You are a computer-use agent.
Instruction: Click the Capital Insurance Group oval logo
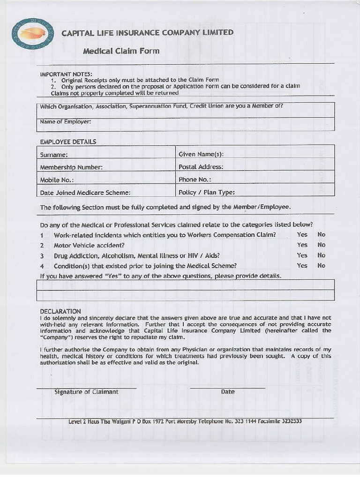pyautogui.click(x=33, y=33)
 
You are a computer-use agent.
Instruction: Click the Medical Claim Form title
pyautogui.click(x=121, y=51)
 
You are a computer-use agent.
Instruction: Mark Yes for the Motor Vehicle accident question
pyautogui.click(x=302, y=245)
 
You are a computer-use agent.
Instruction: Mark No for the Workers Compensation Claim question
pyautogui.click(x=321, y=234)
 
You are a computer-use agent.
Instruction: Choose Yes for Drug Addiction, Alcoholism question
pyautogui.click(x=302, y=255)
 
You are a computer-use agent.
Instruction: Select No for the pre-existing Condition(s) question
pyautogui.click(x=321, y=265)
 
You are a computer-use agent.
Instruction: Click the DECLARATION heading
pyautogui.click(x=60, y=311)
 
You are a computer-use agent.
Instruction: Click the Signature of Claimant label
pyautogui.click(x=86, y=392)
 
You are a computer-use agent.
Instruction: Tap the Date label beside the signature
pyautogui.click(x=228, y=392)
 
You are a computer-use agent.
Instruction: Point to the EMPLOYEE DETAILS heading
pyautogui.click(x=68, y=142)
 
